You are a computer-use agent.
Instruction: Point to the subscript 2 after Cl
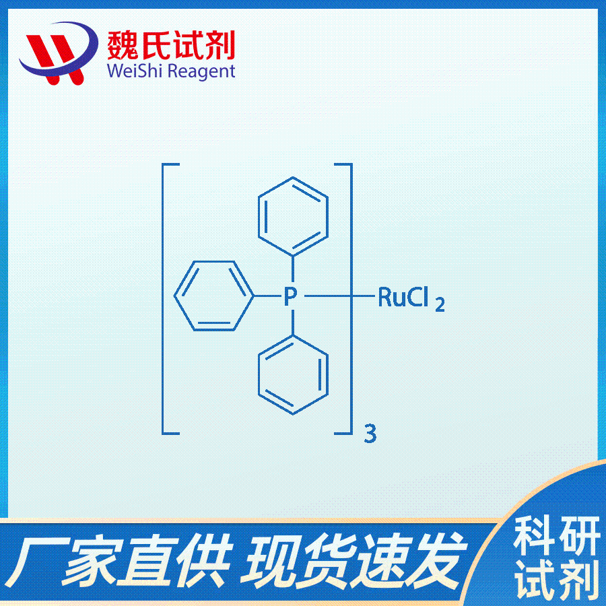tap(440, 304)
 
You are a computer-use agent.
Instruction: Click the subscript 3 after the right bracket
tap(370, 434)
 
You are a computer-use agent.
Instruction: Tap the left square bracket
tap(163, 299)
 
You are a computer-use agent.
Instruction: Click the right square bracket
tap(351, 299)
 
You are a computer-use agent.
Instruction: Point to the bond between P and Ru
tap(339, 296)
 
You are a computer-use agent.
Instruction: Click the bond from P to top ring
tap(293, 269)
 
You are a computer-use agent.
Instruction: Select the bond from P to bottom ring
tap(293, 323)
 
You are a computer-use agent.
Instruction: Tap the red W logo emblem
tap(58, 53)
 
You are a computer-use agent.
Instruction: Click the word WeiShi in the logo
tap(132, 71)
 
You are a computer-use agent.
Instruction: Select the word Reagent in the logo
tap(202, 72)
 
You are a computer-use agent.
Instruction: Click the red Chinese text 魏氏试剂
tap(171, 45)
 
